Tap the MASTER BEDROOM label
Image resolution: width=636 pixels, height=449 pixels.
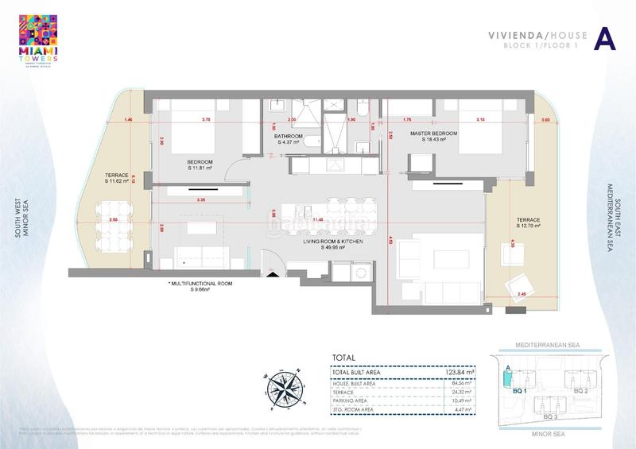point(433,136)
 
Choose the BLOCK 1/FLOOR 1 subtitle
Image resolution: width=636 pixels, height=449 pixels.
point(533,46)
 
